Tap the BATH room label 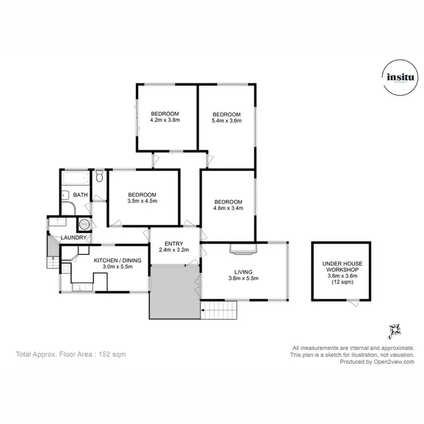coord(80,196)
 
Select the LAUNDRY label coord(74,237)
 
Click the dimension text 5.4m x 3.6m coord(226,120)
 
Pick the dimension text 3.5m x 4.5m coord(142,201)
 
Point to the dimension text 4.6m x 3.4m coord(227,209)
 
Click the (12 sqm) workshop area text coord(341,282)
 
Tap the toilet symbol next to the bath coord(99,176)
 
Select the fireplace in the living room coord(244,248)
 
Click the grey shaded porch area coord(174,292)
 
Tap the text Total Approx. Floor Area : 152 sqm coord(71,354)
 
